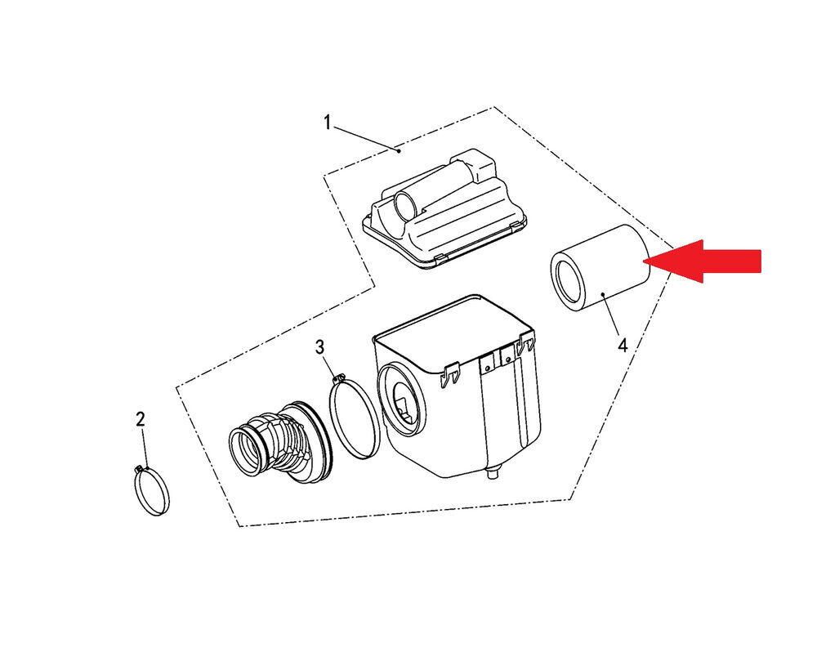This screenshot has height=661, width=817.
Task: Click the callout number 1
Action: point(328,123)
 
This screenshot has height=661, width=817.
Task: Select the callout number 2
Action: point(141,419)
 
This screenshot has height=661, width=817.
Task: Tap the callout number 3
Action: point(320,346)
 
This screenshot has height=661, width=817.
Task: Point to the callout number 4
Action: point(623,345)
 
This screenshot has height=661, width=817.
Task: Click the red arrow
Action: point(702,261)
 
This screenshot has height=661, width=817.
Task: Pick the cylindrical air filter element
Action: point(599,269)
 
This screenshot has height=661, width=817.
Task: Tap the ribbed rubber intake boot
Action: point(280,440)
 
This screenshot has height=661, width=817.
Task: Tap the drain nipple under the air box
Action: point(492,473)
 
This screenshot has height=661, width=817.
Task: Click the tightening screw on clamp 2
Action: point(141,469)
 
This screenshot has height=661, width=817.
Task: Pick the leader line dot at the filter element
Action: point(603,294)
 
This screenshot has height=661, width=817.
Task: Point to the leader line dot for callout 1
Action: point(399,151)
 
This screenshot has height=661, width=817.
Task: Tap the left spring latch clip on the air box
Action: point(449,373)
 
